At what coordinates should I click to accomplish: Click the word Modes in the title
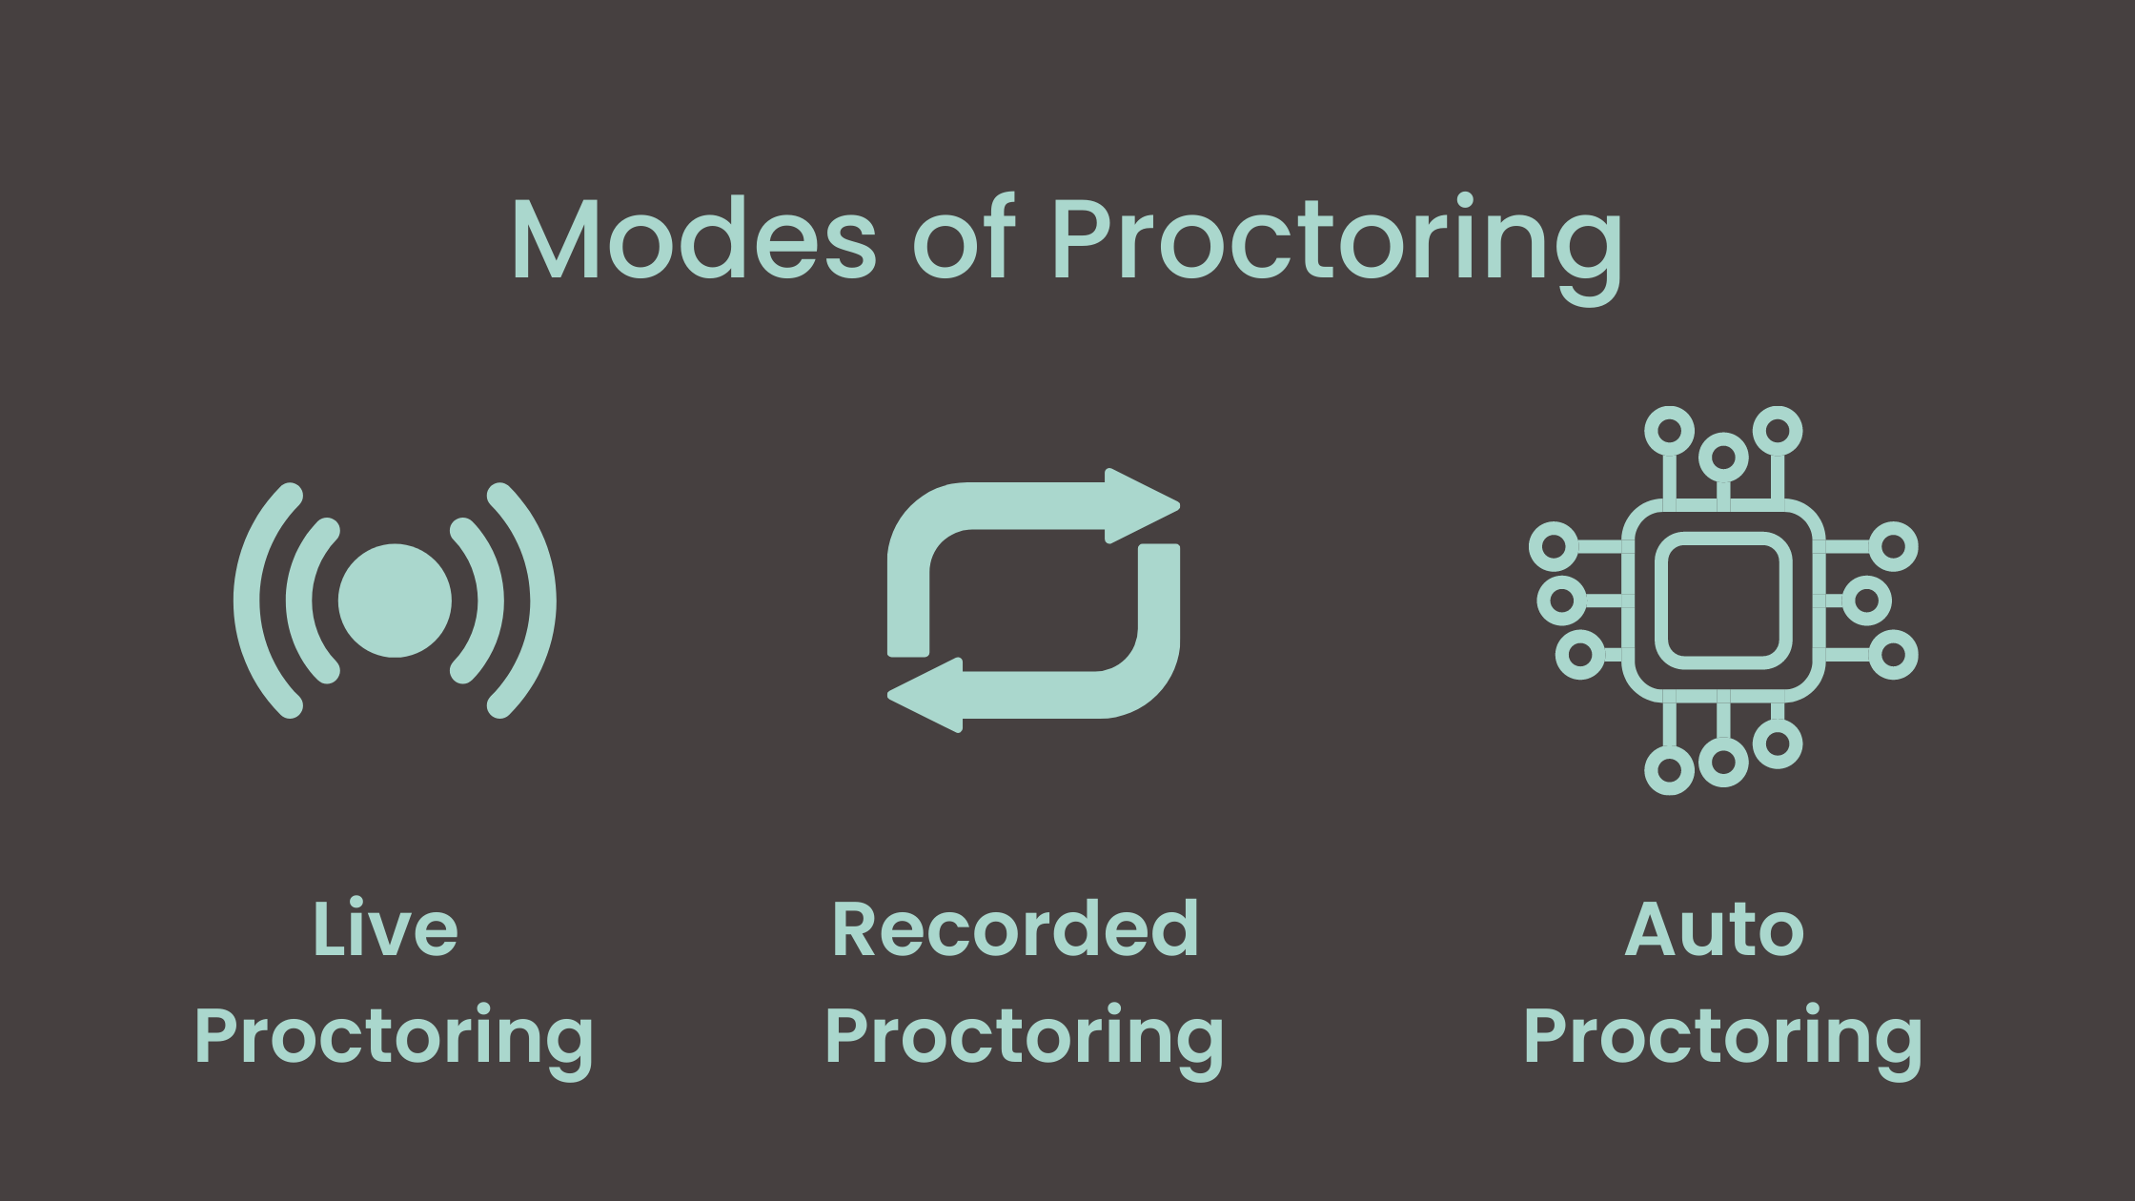pyautogui.click(x=694, y=238)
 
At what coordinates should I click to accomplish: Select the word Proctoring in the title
pyautogui.click(x=1336, y=248)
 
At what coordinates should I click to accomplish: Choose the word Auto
pyautogui.click(x=1715, y=928)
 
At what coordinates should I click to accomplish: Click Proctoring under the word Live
pyautogui.click(x=394, y=1040)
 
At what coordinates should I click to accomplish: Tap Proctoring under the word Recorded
pyautogui.click(x=1025, y=1040)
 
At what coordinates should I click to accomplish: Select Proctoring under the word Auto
pyautogui.click(x=1723, y=1040)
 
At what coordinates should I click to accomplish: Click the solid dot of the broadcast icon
pyautogui.click(x=395, y=600)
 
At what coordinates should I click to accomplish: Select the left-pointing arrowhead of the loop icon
pyautogui.click(x=925, y=695)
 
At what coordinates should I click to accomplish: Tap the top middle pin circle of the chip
pyautogui.click(x=1723, y=458)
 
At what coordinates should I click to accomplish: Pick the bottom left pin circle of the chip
pyautogui.click(x=1669, y=769)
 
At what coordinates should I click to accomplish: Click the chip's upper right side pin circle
pyautogui.click(x=1893, y=546)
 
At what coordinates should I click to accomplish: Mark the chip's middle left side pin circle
pyautogui.click(x=1562, y=600)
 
